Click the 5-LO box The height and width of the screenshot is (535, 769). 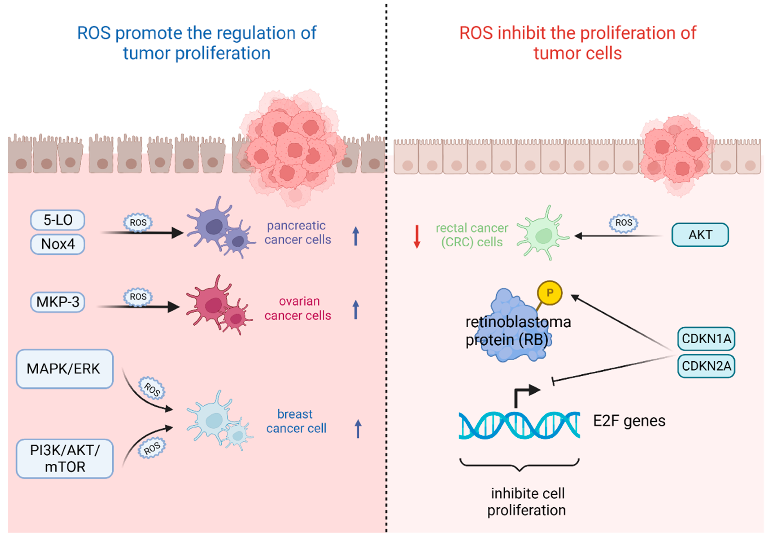point(58,220)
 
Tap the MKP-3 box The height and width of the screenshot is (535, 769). point(58,302)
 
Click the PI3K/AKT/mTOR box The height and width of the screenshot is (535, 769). point(65,458)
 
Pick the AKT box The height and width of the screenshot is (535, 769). point(700,235)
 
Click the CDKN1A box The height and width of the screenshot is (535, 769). point(706,339)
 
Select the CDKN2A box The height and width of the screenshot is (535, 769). point(706,366)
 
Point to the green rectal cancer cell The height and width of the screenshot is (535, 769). point(543,235)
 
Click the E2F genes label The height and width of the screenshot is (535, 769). point(629,421)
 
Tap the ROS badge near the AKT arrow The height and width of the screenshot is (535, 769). point(623,223)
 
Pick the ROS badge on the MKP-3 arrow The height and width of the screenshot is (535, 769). point(138,297)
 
